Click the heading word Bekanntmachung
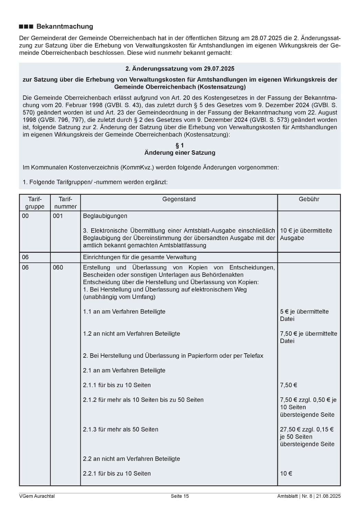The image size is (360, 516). click(65, 26)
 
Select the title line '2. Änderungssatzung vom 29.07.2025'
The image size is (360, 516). click(180, 69)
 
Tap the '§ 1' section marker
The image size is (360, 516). click(180, 146)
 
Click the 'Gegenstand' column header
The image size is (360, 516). click(179, 199)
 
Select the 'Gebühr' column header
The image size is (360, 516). click(309, 199)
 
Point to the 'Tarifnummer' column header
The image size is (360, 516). click(65, 203)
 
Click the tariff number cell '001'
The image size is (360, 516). click(58, 216)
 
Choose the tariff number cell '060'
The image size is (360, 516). click(58, 268)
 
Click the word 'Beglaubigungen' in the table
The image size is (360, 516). click(105, 216)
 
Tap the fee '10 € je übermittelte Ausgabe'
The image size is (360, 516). click(306, 234)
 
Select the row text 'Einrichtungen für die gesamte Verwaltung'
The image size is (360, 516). click(139, 257)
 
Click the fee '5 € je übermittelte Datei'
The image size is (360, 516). click(304, 315)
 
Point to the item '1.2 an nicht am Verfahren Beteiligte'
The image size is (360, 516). click(131, 334)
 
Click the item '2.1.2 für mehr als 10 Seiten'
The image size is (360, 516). click(143, 400)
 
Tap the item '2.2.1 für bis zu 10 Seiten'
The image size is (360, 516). click(117, 473)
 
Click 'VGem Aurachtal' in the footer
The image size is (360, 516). click(37, 496)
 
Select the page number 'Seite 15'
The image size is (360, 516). click(180, 496)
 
